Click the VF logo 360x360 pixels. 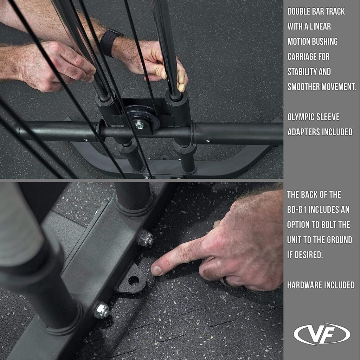pos(322,334)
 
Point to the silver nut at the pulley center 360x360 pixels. pos(139,125)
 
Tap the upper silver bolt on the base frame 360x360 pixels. pos(146,238)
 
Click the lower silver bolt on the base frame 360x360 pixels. pos(101,310)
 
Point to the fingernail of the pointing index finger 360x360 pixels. pos(157,270)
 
